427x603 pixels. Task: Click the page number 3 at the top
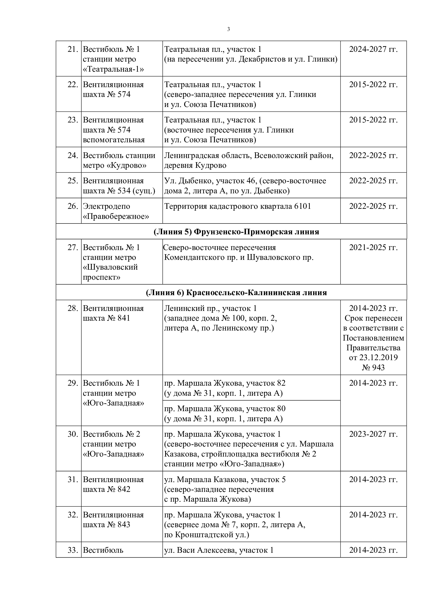pos(228,29)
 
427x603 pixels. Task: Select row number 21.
pos(73,49)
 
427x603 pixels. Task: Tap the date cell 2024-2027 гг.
pos(373,49)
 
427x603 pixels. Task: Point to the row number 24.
pos(73,155)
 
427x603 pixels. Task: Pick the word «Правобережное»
pos(116,216)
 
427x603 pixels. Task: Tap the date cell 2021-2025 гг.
pos(373,247)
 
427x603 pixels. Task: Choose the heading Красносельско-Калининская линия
pos(256,292)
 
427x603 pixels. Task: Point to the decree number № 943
pos(373,367)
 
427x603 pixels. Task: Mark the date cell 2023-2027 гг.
pos(373,434)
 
